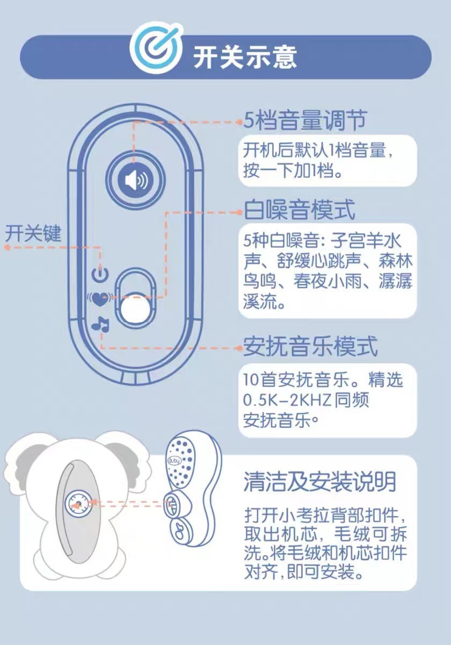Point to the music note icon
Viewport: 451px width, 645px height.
[100, 324]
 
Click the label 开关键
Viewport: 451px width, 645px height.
[33, 234]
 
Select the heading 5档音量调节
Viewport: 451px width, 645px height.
[305, 120]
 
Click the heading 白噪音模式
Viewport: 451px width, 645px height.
[300, 210]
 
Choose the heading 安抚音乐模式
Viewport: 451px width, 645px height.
[311, 347]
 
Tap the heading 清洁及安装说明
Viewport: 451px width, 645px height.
[319, 481]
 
